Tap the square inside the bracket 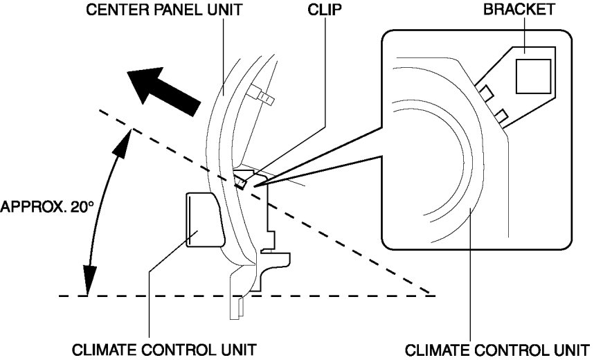pyautogui.click(x=533, y=75)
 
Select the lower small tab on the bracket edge pyautogui.click(x=501, y=114)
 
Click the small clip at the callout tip pyautogui.click(x=240, y=181)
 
